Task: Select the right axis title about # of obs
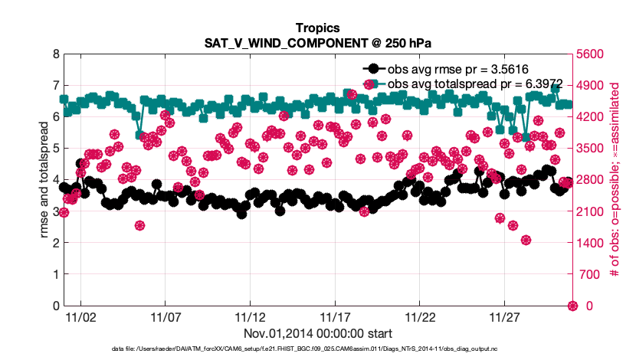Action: point(614,180)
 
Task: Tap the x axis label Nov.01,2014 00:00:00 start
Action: point(317,333)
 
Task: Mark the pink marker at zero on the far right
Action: point(572,306)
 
